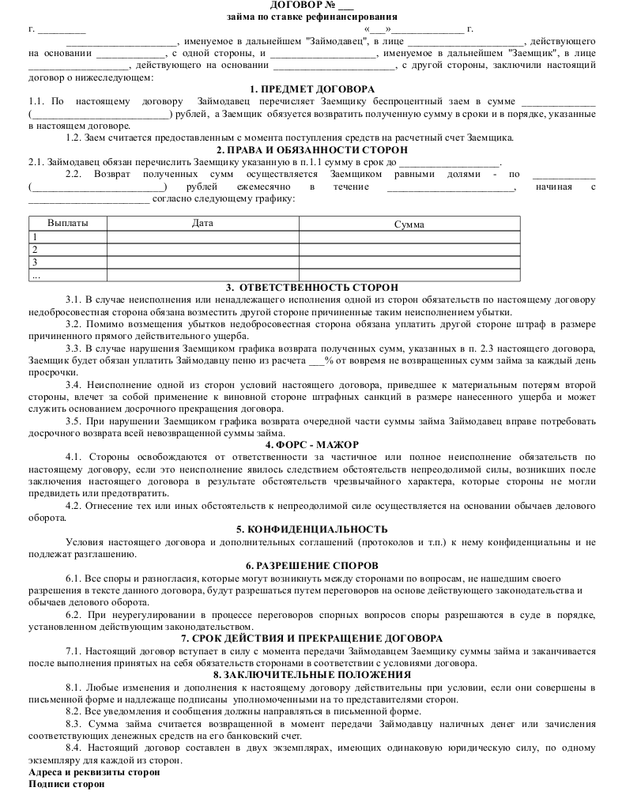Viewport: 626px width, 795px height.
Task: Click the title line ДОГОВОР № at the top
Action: coord(311,5)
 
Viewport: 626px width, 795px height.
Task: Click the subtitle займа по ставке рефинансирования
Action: coord(311,17)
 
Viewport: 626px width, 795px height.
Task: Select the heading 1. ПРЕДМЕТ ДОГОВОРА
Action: coord(311,89)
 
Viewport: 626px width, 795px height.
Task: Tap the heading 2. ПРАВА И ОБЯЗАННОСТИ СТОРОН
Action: coord(311,149)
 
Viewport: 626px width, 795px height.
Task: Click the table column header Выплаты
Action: coord(68,223)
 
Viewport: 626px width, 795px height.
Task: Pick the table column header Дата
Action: coord(202,223)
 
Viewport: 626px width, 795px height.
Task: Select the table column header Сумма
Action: coord(409,224)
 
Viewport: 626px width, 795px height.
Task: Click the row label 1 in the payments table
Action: coord(35,236)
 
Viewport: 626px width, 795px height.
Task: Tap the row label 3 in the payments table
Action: coord(35,262)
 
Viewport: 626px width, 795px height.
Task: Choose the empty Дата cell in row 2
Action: coord(202,249)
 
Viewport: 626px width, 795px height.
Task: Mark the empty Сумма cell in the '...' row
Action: coord(409,275)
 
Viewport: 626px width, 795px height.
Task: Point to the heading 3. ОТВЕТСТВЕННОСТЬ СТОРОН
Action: coord(311,288)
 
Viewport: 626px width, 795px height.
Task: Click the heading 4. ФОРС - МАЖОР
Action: coord(311,445)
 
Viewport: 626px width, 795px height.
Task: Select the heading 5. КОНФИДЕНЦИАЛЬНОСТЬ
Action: coord(311,529)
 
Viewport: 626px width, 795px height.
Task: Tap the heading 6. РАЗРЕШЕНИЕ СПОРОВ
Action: coord(311,566)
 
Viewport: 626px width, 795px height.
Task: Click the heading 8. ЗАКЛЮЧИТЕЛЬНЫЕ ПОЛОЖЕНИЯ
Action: coord(311,675)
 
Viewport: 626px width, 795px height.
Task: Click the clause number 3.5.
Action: coord(74,420)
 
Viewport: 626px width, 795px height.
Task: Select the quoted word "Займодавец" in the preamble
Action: coord(334,40)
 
